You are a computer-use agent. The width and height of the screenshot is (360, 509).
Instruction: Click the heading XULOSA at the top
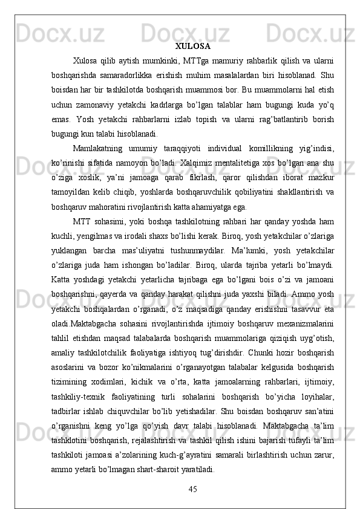pos(192,46)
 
